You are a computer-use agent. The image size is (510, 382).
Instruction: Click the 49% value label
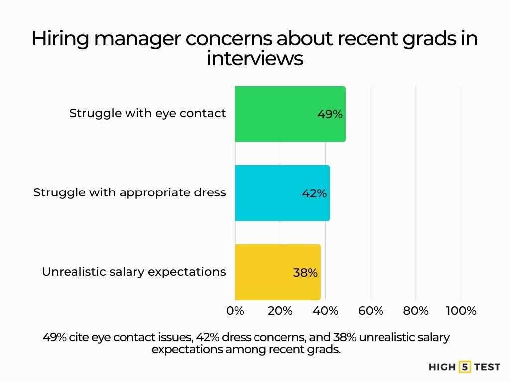(x=330, y=114)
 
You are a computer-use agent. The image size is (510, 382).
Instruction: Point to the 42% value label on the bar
(x=314, y=193)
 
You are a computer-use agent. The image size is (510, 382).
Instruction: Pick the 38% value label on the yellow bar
(x=305, y=273)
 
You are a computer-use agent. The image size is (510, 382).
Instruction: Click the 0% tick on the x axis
(x=235, y=311)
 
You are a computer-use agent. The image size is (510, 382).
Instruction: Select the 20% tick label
(x=280, y=311)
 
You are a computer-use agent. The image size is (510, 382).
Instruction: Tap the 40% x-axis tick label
(x=325, y=311)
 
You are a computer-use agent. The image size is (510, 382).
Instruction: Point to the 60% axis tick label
(x=371, y=311)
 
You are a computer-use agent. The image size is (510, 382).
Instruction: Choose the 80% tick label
(x=416, y=311)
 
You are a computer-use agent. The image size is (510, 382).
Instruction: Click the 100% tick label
(x=461, y=311)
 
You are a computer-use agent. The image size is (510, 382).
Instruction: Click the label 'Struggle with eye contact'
(x=147, y=113)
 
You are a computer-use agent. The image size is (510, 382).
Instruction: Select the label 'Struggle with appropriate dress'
(x=129, y=192)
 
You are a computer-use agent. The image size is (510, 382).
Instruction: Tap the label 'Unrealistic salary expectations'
(x=133, y=272)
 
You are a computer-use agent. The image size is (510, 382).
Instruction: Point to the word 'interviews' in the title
(x=255, y=58)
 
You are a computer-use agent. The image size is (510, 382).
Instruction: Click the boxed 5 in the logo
(x=465, y=367)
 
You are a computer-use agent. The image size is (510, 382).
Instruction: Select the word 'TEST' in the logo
(x=487, y=367)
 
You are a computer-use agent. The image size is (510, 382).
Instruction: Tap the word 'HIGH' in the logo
(x=442, y=367)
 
